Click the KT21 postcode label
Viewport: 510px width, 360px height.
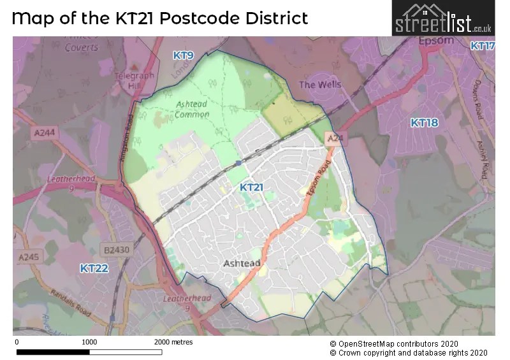click(x=251, y=187)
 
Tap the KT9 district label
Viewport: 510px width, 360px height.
click(x=183, y=56)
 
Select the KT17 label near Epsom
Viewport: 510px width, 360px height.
click(x=483, y=46)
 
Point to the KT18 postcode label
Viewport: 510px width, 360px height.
click(x=424, y=122)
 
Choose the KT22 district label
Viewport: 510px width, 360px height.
click(x=94, y=268)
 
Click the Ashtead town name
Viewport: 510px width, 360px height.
click(x=242, y=263)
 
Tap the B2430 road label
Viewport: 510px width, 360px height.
click(x=117, y=250)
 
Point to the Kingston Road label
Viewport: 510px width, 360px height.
click(x=129, y=141)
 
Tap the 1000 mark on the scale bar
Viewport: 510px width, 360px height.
click(x=89, y=342)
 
